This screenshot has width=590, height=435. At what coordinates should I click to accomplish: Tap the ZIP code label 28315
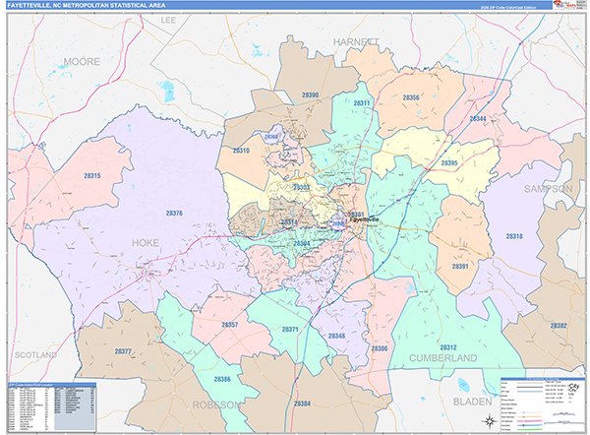(91, 174)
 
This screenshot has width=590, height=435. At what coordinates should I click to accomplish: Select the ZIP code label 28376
(174, 214)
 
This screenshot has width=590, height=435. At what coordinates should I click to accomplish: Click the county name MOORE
(82, 62)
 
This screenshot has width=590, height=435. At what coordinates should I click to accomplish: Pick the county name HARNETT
(355, 42)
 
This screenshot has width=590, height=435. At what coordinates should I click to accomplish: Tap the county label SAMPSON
(549, 188)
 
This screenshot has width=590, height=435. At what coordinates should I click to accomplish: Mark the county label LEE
(168, 20)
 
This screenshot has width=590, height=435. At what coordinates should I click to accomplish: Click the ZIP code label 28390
(310, 94)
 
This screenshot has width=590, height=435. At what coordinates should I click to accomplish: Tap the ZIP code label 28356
(411, 97)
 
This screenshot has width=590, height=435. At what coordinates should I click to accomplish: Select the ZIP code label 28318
(514, 236)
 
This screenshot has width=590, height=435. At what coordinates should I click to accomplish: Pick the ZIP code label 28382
(559, 325)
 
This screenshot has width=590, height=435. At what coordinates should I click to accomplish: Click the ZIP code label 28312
(447, 347)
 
